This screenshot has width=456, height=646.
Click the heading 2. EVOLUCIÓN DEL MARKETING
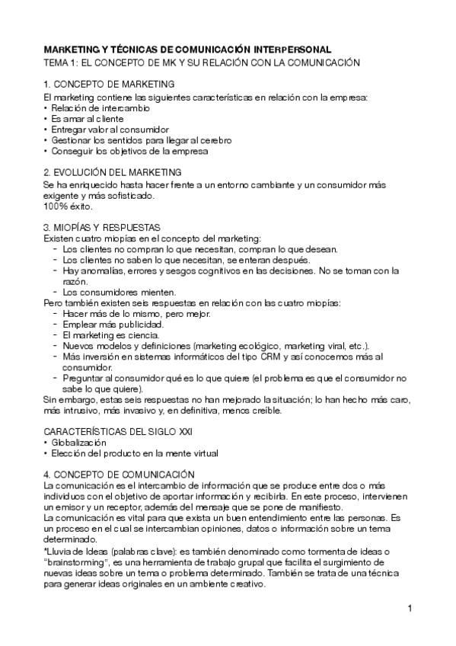[x=113, y=172]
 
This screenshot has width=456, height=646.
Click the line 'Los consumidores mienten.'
[x=109, y=292]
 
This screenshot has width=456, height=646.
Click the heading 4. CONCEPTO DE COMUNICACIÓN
[x=120, y=475]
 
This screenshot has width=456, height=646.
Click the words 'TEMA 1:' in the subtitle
[x=62, y=62]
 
